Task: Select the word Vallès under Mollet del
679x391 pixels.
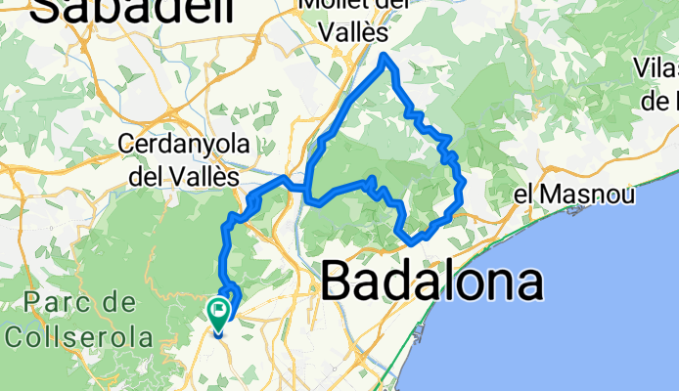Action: (x=350, y=32)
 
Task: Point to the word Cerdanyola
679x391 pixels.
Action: (x=181, y=144)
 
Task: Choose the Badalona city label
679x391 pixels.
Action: (x=431, y=282)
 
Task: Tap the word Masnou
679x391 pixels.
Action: (x=587, y=194)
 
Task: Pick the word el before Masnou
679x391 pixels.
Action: (x=525, y=194)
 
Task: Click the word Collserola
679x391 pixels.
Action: (x=78, y=337)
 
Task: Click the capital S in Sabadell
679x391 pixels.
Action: (x=46, y=10)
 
